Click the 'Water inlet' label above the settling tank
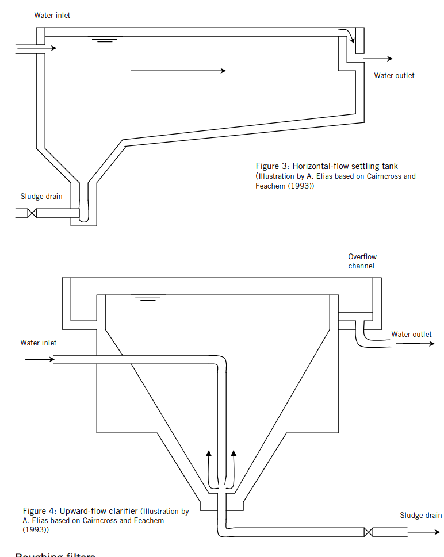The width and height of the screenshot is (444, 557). (x=52, y=15)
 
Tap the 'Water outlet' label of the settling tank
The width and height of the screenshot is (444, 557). (x=394, y=76)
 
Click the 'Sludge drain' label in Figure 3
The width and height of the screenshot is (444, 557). (x=41, y=197)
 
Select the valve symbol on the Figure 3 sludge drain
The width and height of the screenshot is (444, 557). (x=33, y=213)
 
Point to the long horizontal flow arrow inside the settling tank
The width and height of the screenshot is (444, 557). (x=178, y=71)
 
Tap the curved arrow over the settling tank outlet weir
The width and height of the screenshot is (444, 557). (x=346, y=34)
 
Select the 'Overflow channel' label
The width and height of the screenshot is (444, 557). (x=362, y=262)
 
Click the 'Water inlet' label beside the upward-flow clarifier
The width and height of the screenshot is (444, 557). (x=39, y=343)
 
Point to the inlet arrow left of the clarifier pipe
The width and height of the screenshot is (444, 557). (x=39, y=360)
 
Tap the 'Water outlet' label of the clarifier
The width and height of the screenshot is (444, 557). (x=411, y=335)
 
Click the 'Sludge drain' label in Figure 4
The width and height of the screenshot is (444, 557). (x=421, y=516)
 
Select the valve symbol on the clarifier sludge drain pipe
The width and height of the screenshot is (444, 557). (x=368, y=532)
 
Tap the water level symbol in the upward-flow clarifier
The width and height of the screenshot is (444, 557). (x=148, y=298)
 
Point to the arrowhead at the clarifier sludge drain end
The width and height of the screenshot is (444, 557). (x=436, y=532)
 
